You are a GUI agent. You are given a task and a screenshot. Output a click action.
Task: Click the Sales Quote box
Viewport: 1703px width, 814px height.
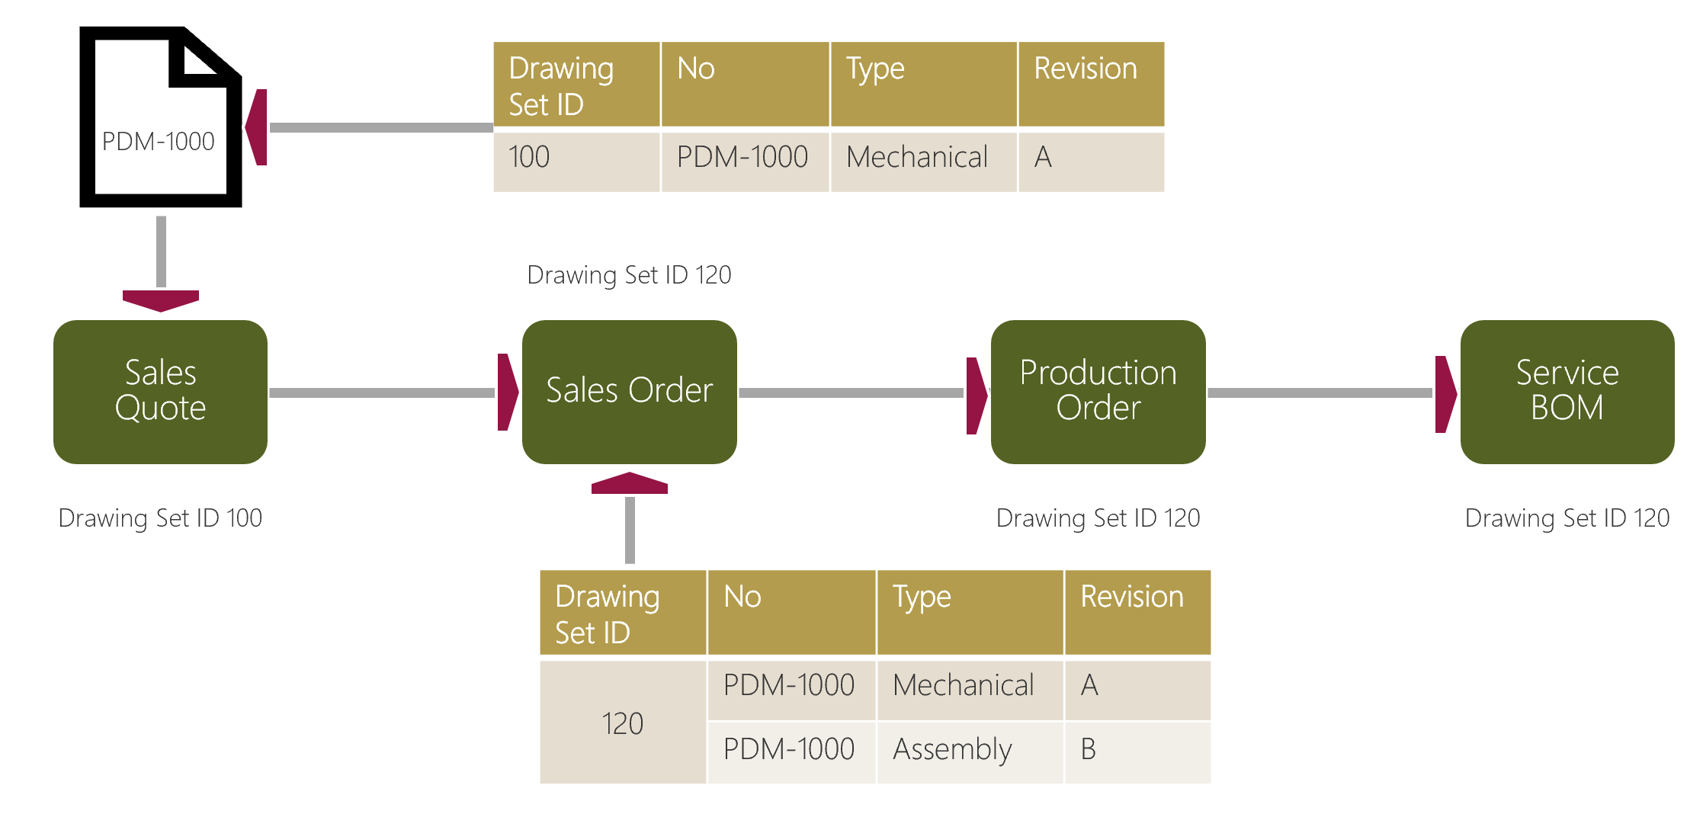click(160, 391)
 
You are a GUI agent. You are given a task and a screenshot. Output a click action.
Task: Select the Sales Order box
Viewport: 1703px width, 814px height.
click(629, 391)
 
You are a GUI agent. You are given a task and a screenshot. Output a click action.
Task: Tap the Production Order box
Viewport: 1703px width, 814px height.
click(1098, 391)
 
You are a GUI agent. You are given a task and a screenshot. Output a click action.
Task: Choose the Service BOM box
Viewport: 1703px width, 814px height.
click(1567, 391)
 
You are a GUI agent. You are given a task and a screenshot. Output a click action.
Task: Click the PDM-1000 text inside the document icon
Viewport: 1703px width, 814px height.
click(159, 142)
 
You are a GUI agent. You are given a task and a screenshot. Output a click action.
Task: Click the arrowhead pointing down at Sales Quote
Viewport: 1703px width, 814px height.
click(161, 300)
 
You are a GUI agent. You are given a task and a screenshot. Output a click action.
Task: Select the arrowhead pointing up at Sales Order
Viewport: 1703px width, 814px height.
click(630, 483)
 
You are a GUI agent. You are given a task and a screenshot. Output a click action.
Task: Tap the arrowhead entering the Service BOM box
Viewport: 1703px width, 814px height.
click(1445, 393)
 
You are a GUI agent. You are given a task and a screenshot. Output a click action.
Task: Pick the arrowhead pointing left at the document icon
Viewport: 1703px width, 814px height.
click(258, 127)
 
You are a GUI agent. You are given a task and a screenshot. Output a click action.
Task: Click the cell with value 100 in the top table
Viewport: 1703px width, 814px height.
click(576, 158)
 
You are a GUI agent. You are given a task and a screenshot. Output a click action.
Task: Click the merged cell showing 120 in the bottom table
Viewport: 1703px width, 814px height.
click(622, 723)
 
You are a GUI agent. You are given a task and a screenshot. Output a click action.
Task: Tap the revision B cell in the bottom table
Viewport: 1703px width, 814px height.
click(1137, 750)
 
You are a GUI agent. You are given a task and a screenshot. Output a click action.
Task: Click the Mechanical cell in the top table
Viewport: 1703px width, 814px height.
click(923, 158)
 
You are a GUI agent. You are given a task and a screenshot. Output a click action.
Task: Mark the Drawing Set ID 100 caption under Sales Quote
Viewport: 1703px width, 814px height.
click(160, 518)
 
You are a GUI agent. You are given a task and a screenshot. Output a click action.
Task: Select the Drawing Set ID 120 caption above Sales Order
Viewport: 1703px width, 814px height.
click(629, 275)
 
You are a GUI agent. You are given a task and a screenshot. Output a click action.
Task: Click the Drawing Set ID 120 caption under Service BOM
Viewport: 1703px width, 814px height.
click(1567, 518)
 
